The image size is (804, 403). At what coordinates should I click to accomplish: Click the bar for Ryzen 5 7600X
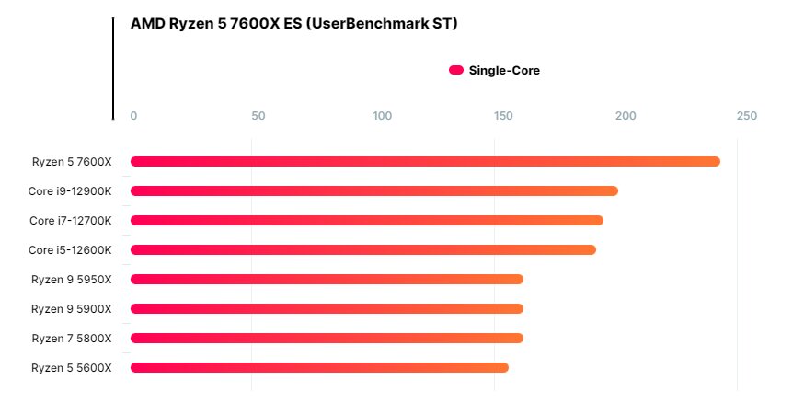click(x=425, y=161)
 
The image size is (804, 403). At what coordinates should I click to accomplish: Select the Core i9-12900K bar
click(x=373, y=190)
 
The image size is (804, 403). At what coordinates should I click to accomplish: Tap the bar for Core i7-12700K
click(x=366, y=220)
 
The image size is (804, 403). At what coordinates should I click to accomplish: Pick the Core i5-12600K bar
click(x=362, y=249)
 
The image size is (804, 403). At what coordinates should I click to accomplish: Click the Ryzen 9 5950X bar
click(x=327, y=279)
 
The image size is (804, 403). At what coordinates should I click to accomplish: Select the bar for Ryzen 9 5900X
click(x=327, y=308)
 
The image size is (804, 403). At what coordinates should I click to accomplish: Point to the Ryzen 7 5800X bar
click(x=327, y=338)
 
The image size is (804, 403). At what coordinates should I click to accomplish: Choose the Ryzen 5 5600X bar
click(x=319, y=367)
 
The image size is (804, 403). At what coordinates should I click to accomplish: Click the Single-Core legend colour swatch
click(x=455, y=70)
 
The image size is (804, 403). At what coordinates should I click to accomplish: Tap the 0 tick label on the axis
click(x=134, y=116)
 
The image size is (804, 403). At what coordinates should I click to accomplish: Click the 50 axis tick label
click(x=258, y=116)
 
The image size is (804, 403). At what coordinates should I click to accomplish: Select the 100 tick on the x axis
click(x=383, y=116)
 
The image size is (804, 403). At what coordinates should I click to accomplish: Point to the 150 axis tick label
click(x=503, y=116)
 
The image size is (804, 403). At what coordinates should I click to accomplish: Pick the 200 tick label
click(x=626, y=116)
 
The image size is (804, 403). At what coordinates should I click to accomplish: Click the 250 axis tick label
click(x=747, y=116)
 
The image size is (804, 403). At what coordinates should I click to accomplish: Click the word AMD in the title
click(x=148, y=24)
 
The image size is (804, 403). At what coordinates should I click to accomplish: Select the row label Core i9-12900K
click(x=70, y=190)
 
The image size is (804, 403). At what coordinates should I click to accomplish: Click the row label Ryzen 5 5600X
click(x=72, y=367)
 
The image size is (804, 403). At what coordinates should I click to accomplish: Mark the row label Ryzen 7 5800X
click(x=72, y=338)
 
